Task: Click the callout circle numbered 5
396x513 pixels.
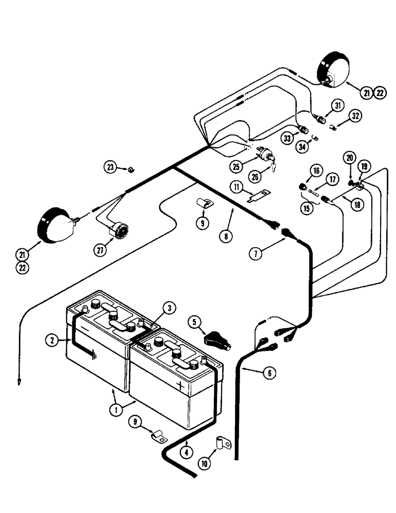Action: [x=193, y=323]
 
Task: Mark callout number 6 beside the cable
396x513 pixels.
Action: [x=267, y=374]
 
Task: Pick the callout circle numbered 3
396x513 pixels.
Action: [x=170, y=308]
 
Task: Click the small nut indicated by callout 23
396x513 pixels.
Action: [x=131, y=168]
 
